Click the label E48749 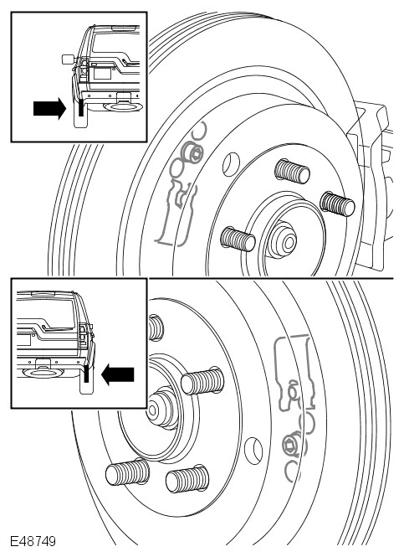click(x=33, y=541)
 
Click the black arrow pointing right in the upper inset click(x=49, y=108)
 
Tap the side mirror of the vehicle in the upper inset click(x=67, y=59)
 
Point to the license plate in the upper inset click(x=101, y=73)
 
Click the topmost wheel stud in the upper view click(x=292, y=171)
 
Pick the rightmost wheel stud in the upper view click(x=337, y=204)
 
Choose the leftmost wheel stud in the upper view click(x=238, y=239)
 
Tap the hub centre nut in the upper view click(x=284, y=240)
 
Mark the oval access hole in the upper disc click(x=231, y=164)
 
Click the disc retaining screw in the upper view click(x=192, y=153)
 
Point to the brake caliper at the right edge click(x=371, y=185)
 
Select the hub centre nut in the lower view click(x=161, y=408)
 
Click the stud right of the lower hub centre click(x=202, y=381)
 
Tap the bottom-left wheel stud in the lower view click(x=127, y=472)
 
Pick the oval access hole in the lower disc click(x=253, y=451)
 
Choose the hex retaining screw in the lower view click(x=292, y=445)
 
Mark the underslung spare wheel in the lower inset click(x=43, y=372)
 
